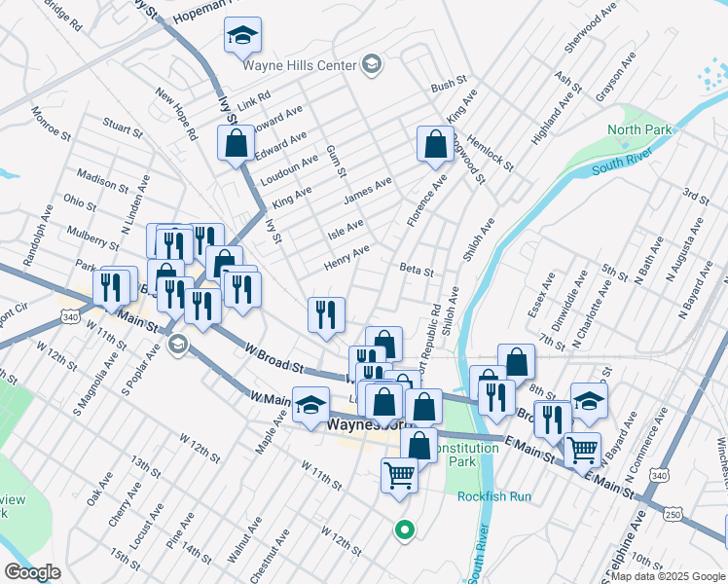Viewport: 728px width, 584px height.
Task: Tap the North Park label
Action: click(x=639, y=129)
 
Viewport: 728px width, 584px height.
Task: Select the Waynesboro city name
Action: click(x=371, y=426)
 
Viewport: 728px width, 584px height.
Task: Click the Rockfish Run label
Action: click(x=494, y=496)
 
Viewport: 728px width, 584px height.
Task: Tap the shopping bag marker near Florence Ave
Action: click(x=435, y=144)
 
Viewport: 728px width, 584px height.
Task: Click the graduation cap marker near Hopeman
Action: click(x=241, y=37)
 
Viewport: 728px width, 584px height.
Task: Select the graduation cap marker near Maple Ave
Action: click(x=310, y=404)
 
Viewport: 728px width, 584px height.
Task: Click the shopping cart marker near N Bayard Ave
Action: click(x=582, y=450)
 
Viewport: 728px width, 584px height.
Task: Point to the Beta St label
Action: click(x=416, y=270)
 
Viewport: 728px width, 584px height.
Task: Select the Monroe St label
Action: click(x=47, y=125)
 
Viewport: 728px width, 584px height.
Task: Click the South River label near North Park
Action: click(x=621, y=164)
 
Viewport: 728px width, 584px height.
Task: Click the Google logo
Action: click(x=32, y=572)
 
